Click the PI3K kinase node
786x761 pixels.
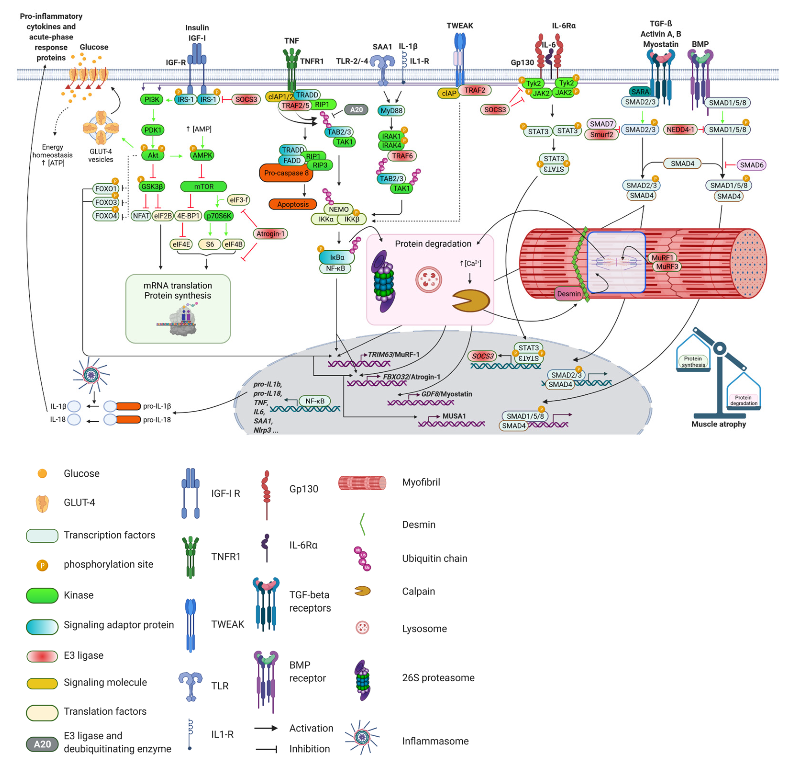coord(152,99)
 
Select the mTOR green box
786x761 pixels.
coord(204,187)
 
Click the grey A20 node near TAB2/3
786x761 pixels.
coord(356,110)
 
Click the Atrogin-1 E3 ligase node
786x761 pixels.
coord(270,233)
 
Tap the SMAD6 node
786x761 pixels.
coord(751,165)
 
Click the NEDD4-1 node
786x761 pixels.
coord(680,130)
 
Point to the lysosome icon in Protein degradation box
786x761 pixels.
coord(429,280)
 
